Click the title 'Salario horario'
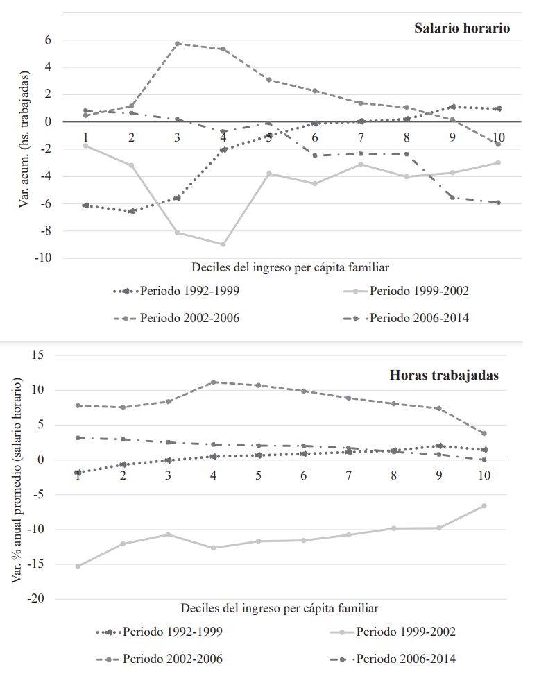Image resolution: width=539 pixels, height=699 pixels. (462, 28)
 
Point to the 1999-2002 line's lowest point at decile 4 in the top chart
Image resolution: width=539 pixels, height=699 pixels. (223, 244)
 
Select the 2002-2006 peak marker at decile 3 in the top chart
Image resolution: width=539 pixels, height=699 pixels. (178, 43)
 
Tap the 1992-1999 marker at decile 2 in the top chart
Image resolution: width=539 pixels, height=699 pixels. (131, 211)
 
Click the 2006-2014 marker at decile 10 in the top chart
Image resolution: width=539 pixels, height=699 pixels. (498, 203)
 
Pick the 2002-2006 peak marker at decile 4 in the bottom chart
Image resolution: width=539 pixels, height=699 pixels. (214, 382)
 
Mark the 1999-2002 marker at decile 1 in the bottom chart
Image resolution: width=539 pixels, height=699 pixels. (78, 566)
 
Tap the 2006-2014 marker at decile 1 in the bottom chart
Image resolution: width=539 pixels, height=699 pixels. (78, 437)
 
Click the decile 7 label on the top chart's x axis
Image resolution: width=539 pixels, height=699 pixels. (361, 135)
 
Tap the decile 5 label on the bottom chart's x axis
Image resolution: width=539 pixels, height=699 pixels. (258, 476)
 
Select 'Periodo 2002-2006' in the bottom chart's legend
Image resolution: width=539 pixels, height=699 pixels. (173, 658)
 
